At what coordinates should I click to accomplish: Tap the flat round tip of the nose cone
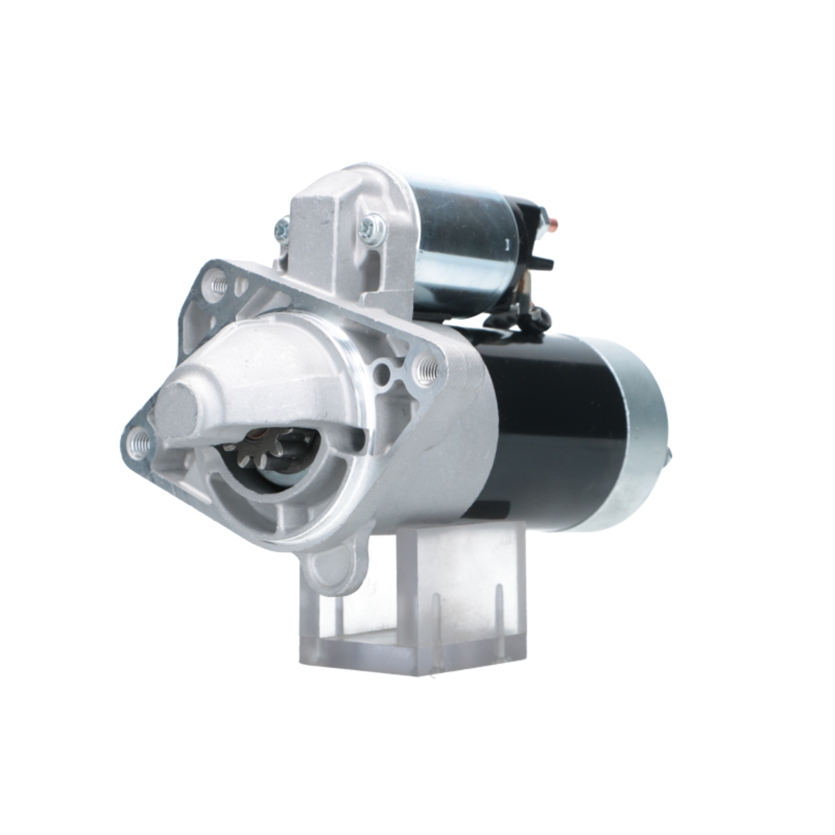pyautogui.click(x=175, y=409)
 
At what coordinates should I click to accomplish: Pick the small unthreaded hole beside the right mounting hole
pyautogui.click(x=382, y=373)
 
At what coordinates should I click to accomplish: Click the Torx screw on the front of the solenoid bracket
pyautogui.click(x=372, y=228)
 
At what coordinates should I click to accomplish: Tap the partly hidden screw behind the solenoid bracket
pyautogui.click(x=282, y=226)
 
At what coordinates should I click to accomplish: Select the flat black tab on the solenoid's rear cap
pyautogui.click(x=539, y=263)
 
